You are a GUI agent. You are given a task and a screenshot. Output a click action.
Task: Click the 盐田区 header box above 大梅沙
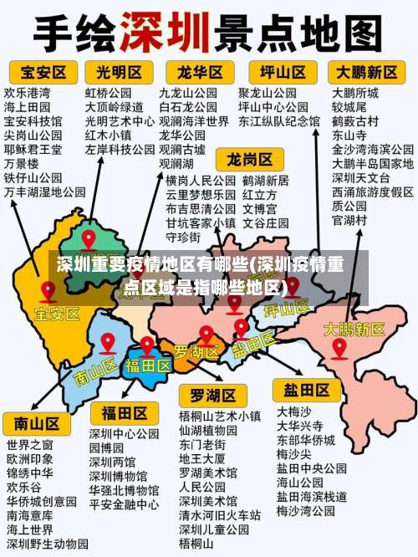point(306,390)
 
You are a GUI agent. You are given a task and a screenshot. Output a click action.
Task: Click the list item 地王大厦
point(202,459)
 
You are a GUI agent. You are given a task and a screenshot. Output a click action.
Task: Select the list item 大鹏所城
point(355,93)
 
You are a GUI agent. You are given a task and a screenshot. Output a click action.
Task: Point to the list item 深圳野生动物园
point(46,544)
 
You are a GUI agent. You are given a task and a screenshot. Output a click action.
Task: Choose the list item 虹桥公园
point(109,93)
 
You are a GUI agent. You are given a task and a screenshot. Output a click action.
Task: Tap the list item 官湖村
point(349,220)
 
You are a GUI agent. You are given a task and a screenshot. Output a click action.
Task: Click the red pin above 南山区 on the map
point(107,341)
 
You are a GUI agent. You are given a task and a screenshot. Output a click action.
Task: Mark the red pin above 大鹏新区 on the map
point(339,346)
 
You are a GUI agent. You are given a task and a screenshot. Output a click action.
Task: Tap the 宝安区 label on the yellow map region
point(57,314)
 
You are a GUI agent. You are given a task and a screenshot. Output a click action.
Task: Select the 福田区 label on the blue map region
point(147,366)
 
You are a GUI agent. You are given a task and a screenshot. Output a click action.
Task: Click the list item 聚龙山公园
point(268,93)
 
